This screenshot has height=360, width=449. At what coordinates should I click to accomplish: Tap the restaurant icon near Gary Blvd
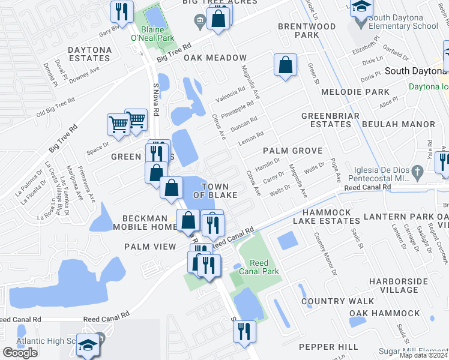pos(122,11)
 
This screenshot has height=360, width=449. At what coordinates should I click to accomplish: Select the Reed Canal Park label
pos(259,267)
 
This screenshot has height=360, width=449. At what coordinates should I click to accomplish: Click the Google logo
pos(20,352)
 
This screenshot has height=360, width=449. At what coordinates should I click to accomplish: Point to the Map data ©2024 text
pos(424,355)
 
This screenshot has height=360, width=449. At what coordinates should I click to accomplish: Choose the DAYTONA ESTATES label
pos(89,54)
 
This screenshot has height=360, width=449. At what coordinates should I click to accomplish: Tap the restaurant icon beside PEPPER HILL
pos(244,331)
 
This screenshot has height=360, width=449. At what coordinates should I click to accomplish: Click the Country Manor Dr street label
pos(324,254)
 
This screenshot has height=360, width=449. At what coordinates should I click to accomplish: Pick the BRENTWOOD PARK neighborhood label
pos(307,31)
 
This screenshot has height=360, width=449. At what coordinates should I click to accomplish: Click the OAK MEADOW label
pos(208,58)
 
